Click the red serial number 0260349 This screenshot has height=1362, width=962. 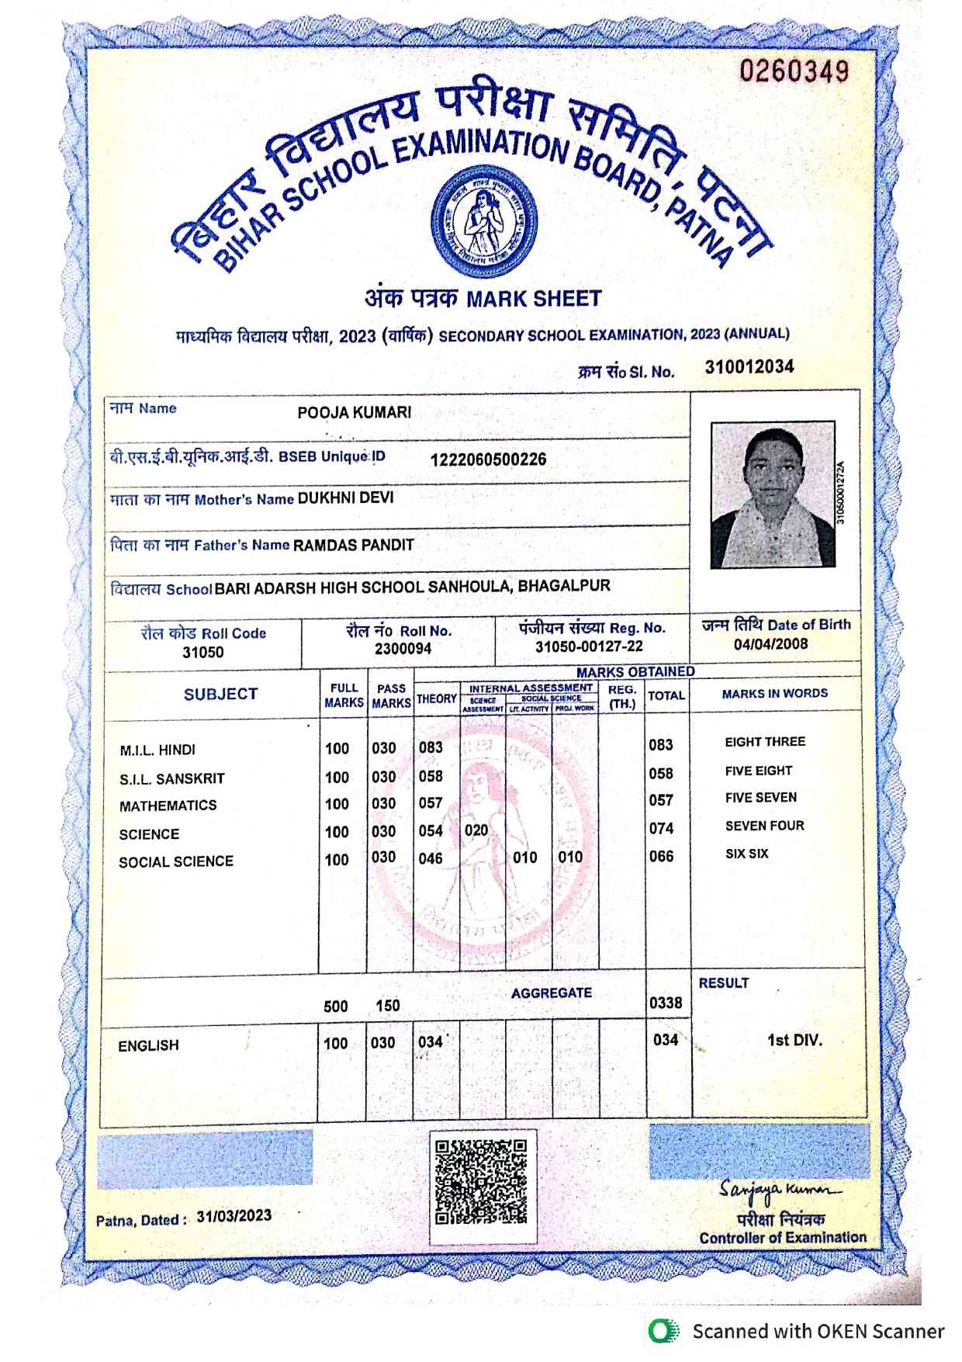coord(794,72)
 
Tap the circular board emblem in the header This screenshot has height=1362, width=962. coord(484,223)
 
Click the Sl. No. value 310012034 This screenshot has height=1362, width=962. coord(749,367)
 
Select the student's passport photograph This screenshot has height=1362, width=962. coord(773,495)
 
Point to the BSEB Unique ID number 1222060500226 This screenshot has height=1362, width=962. coord(488,459)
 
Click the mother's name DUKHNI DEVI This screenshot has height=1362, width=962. coord(345,497)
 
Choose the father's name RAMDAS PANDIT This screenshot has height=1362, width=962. coord(353,545)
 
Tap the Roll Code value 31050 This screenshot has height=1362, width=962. coord(202,652)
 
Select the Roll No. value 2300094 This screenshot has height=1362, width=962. coord(403,649)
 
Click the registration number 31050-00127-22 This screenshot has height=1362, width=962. coord(589,646)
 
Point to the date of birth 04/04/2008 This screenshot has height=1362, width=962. coord(770,644)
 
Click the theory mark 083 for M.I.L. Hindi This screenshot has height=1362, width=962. coord(431,747)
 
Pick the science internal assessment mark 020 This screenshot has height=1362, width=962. coord(476,830)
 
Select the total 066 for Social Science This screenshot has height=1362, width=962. coord(661,856)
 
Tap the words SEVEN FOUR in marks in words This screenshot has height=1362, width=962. coord(764,826)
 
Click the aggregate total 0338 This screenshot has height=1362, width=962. coord(666,1003)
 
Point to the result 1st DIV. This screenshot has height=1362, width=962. coord(794,1040)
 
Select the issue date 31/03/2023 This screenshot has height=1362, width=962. coord(234,1215)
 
